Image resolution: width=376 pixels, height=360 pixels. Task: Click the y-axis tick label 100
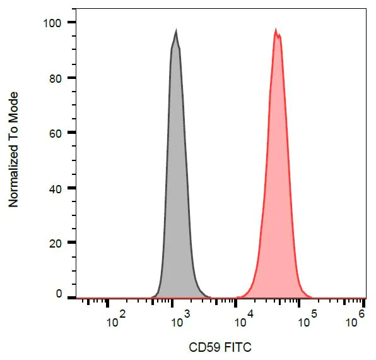[51, 23]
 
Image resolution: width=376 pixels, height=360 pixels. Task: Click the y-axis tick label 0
[59, 294]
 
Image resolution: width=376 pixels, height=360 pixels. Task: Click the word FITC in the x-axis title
[238, 347]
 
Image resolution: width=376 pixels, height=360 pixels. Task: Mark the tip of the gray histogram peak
[176, 30]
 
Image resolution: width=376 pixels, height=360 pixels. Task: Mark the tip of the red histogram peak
[276, 29]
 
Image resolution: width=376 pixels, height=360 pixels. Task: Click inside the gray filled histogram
[177, 189]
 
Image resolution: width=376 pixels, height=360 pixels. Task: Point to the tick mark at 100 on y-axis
[71, 23]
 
